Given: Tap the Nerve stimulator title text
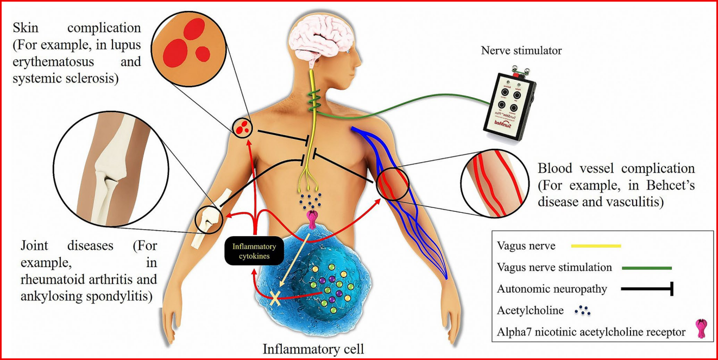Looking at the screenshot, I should tap(521, 51).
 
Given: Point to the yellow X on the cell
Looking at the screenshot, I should tap(278, 297).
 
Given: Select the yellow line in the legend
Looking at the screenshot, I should tap(596, 246).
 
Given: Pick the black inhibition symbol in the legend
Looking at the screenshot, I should tap(648, 289).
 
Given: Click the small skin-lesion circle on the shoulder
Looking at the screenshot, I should tap(242, 128).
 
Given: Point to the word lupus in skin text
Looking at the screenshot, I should tap(127, 43).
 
